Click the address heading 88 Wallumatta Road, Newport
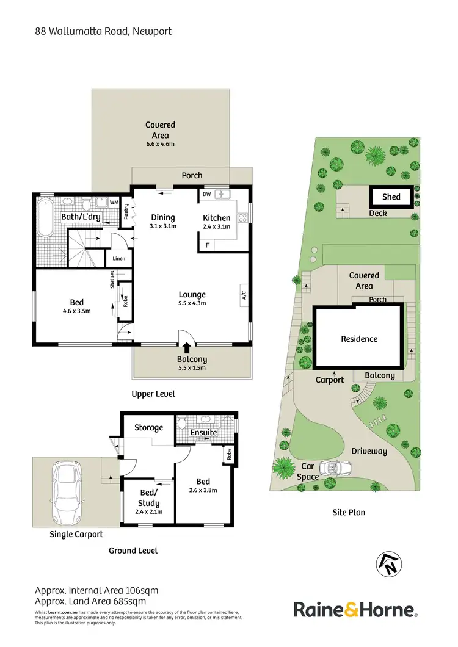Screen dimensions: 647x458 (x=103, y=31)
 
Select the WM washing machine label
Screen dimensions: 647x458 (x=114, y=202)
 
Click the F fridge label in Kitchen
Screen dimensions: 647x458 (x=208, y=245)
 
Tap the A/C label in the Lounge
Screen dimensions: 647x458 (x=244, y=295)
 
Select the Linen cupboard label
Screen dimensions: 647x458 (x=118, y=259)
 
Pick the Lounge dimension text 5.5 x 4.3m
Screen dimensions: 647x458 (x=192, y=303)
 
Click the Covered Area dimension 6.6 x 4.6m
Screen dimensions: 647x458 (x=161, y=145)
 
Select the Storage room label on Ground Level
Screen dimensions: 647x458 (x=148, y=428)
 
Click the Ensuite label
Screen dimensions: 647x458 (x=203, y=432)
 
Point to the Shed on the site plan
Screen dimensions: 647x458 (x=391, y=197)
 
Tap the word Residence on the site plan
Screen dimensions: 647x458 (x=359, y=339)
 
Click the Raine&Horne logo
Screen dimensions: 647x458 (x=355, y=609)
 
